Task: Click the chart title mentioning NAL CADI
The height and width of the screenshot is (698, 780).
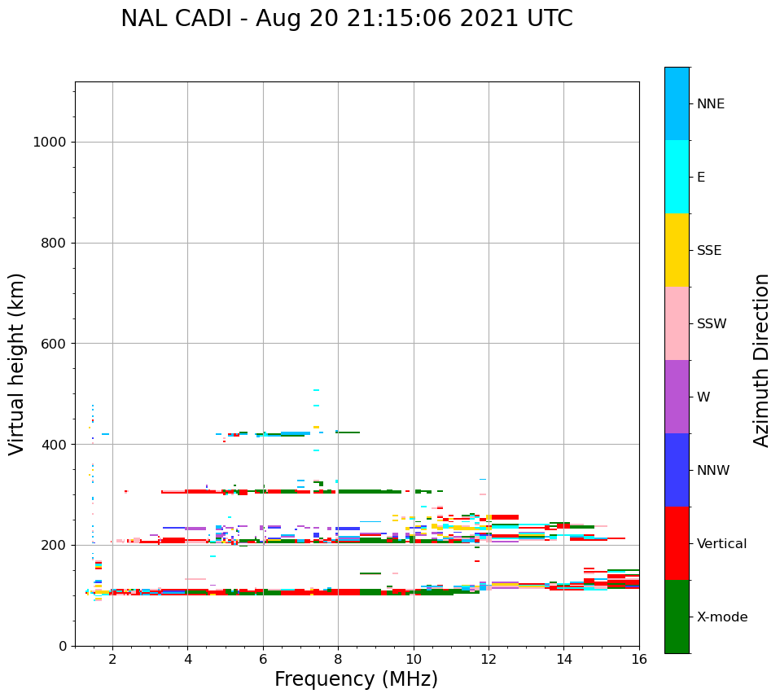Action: pos(346,19)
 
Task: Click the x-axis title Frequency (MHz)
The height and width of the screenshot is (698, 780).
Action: pos(356,679)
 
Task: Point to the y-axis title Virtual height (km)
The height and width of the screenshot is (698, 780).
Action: pos(17,363)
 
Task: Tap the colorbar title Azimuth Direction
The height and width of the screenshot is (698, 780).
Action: pos(761,360)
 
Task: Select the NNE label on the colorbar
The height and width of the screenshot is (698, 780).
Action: pos(710,104)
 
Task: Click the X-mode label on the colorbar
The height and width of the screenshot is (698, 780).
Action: pos(722,617)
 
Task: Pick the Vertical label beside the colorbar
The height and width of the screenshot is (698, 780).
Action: pos(721,544)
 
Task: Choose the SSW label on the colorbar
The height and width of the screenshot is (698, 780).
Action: pos(712,324)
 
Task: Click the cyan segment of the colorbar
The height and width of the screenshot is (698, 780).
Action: pos(677,177)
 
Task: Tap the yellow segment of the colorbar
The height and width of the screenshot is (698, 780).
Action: pos(677,250)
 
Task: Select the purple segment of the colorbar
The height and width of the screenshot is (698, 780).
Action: pos(677,397)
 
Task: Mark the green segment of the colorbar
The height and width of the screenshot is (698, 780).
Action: pos(677,617)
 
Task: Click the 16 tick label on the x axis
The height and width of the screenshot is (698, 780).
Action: pos(639,658)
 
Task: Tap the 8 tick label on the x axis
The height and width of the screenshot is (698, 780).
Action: pos(338,658)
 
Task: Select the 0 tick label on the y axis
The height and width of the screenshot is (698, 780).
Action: pos(62,646)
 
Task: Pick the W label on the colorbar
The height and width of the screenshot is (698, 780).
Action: pos(704,397)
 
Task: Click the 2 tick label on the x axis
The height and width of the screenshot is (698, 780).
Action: pos(112,658)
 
